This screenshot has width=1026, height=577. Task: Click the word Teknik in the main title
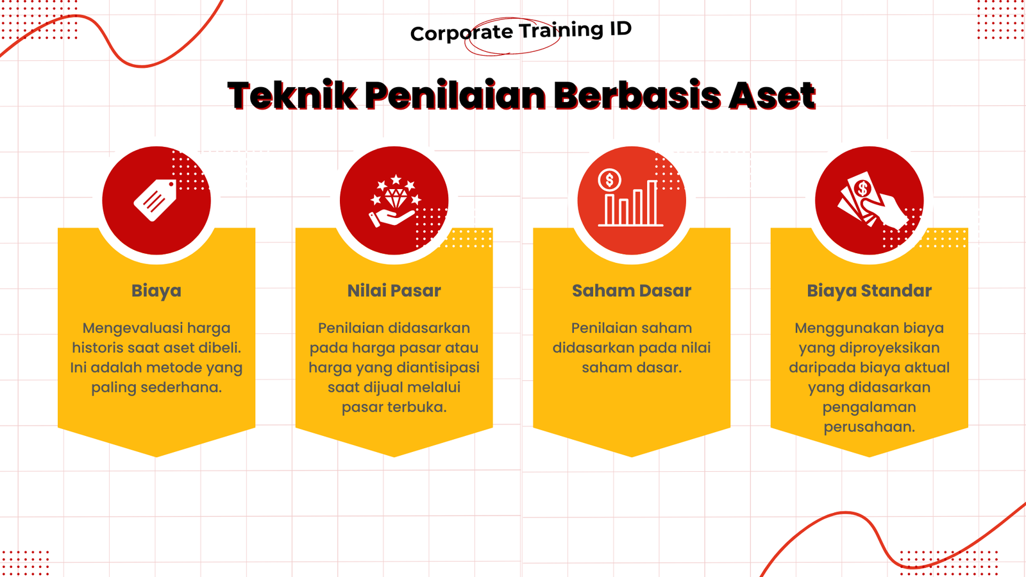pyautogui.click(x=292, y=96)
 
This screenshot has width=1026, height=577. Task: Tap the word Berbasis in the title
pyautogui.click(x=637, y=96)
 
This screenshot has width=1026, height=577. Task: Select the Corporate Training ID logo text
pyautogui.click(x=521, y=31)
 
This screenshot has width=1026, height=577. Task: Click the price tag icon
pyautogui.click(x=155, y=200)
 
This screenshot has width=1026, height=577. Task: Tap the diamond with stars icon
pyautogui.click(x=395, y=200)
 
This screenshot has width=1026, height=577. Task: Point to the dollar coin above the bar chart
pyautogui.click(x=609, y=180)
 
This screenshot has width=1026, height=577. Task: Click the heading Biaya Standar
pyautogui.click(x=869, y=291)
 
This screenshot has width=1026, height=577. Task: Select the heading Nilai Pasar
pyautogui.click(x=394, y=291)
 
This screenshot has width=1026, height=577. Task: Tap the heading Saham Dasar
pyautogui.click(x=632, y=291)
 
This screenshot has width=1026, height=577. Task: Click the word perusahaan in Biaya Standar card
pyautogui.click(x=869, y=427)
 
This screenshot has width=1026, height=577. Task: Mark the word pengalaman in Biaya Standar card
pyautogui.click(x=869, y=408)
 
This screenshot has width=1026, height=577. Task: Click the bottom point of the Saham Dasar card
pyautogui.click(x=632, y=457)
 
